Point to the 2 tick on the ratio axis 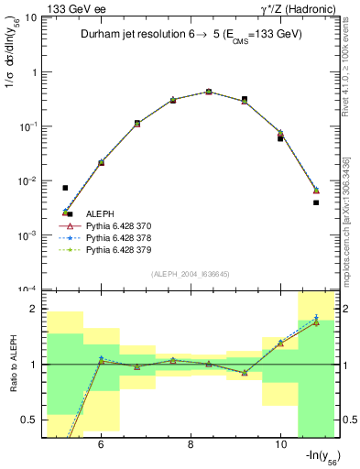[35, 309]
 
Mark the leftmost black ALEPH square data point [65, 188]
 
